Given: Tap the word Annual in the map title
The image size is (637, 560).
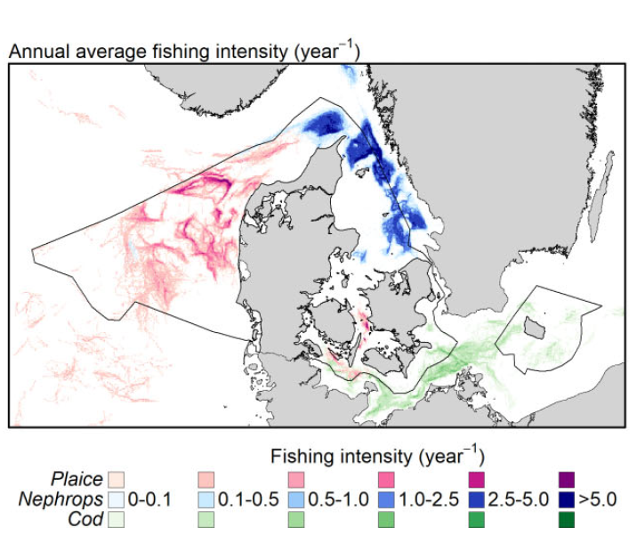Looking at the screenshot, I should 36,52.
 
